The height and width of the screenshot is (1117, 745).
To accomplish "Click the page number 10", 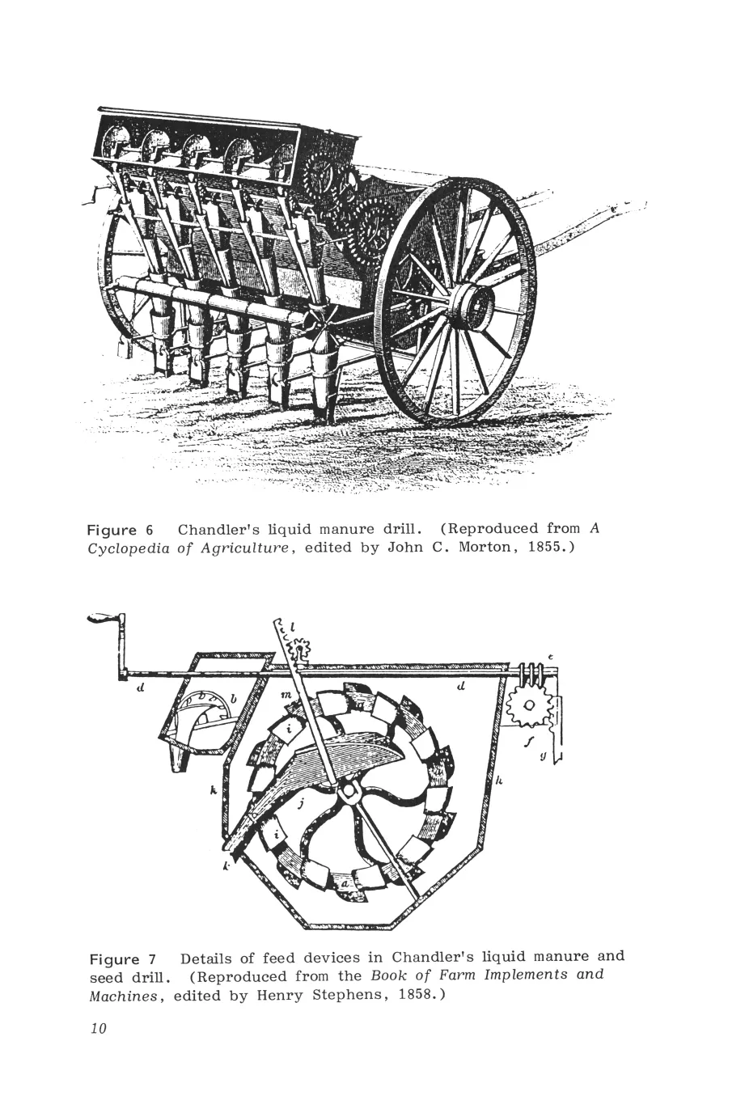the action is pos(99,1029).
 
